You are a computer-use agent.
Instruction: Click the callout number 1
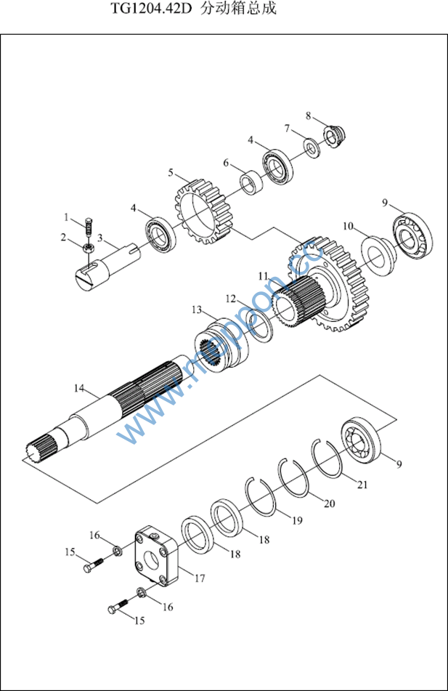[x=65, y=217]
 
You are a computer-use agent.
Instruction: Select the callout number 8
[x=308, y=116]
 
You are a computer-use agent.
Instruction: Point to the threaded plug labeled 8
[x=333, y=137]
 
